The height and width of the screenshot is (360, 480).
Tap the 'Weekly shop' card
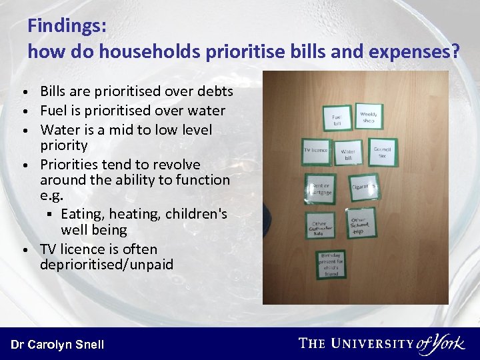point(369,117)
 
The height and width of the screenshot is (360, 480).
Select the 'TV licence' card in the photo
point(315,151)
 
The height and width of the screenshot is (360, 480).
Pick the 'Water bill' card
point(348,154)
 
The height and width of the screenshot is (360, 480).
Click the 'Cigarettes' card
point(364,187)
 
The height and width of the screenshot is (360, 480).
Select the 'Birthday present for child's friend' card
point(331,265)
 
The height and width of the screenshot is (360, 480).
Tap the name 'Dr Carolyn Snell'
point(57,344)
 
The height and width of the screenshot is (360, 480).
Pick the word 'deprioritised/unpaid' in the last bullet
point(107,265)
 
